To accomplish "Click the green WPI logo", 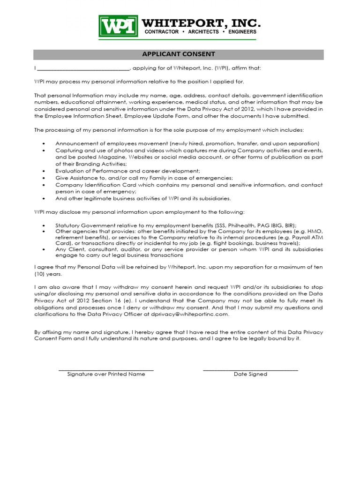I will [x=118, y=26].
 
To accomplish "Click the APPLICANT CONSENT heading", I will [x=178, y=54].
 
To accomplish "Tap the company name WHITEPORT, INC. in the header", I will [x=201, y=23].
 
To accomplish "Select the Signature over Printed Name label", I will [x=106, y=374].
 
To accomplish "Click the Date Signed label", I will [x=250, y=374].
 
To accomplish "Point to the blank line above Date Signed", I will [x=250, y=370].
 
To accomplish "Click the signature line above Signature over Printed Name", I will [x=106, y=370].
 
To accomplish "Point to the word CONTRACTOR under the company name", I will [x=161, y=32].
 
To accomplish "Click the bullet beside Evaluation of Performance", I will [x=44, y=171].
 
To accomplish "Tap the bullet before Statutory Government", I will [x=44, y=225].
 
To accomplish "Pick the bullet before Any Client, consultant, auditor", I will [x=44, y=249].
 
